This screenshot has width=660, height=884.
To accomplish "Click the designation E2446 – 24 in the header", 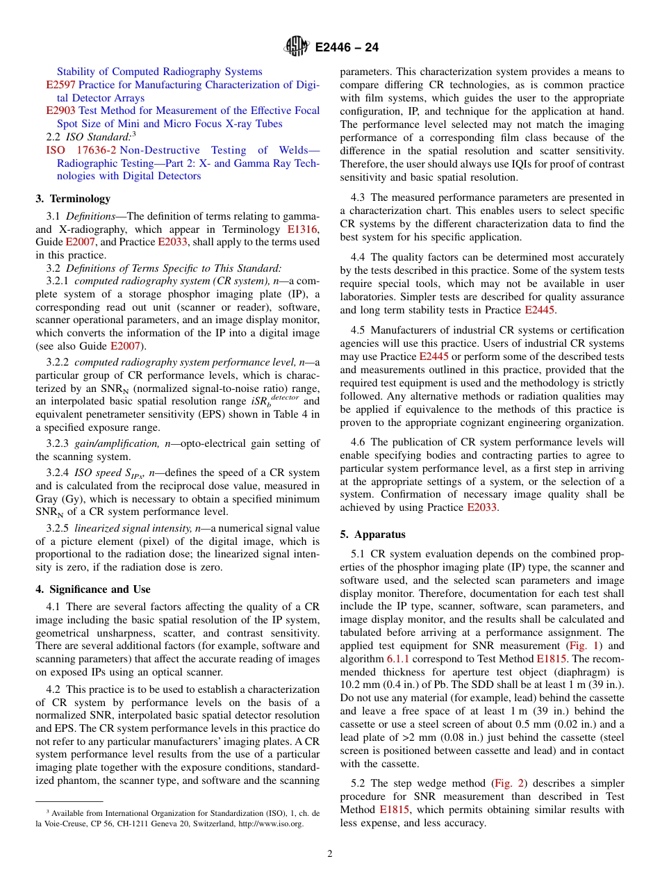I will pos(347,48).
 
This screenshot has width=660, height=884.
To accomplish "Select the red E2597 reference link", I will pos(61,85).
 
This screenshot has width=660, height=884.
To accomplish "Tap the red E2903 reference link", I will pos(61,110).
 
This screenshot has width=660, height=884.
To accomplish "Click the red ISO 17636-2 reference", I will pos(81,150).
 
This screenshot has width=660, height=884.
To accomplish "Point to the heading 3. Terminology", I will pos(73,199).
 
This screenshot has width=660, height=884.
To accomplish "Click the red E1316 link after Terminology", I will pos(303,229).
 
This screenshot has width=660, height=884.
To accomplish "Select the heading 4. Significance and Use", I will pos(93,589).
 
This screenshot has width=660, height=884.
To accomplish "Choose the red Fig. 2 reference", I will pos(506,783).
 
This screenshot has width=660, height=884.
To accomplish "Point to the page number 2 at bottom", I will pos(330,854).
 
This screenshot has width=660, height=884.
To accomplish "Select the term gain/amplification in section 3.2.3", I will pos(108,443).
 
